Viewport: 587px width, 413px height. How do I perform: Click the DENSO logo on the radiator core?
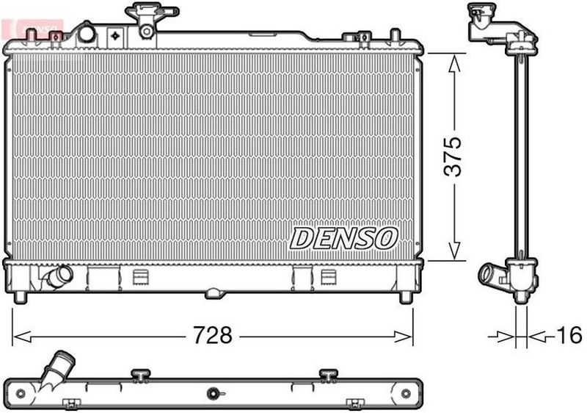pyautogui.click(x=344, y=237)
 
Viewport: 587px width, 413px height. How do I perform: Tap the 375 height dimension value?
pyautogui.click(x=456, y=156)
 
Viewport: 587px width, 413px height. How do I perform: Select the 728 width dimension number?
pyautogui.click(x=214, y=336)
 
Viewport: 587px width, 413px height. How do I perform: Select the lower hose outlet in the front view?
pyautogui.click(x=58, y=276)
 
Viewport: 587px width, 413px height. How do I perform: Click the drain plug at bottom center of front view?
pyautogui.click(x=214, y=293)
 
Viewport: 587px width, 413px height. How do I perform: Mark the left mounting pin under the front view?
pyautogui.click(x=21, y=296)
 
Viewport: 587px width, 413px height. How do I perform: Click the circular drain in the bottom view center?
pyautogui.click(x=214, y=392)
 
